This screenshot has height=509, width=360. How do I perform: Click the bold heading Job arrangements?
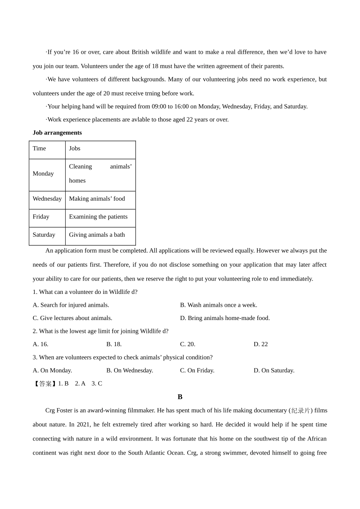tap(57, 133)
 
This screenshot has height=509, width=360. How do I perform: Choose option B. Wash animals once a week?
tap(218, 305)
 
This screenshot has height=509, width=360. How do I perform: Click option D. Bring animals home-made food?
tap(225, 318)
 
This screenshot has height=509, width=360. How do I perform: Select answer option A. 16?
tap(41, 344)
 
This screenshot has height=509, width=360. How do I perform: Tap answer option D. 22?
tap(261, 344)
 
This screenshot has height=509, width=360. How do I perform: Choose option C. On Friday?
tap(197, 370)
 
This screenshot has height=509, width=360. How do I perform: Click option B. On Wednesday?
tap(130, 370)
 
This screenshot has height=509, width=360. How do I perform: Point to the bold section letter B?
tap(180, 397)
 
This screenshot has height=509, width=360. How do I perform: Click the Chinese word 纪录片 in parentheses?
tap(301, 411)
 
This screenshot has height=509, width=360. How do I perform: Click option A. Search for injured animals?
tap(71, 305)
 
